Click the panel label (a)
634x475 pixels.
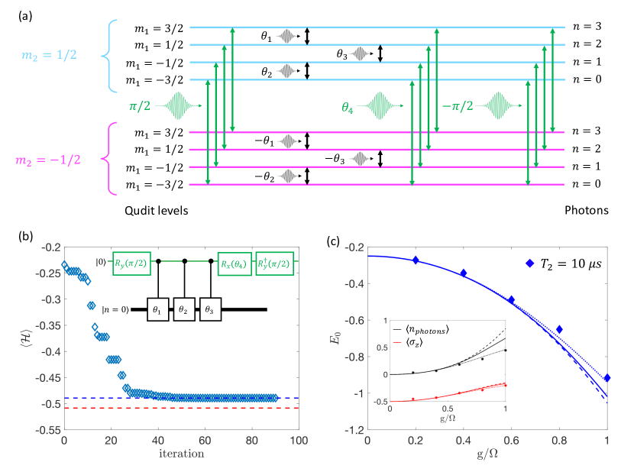click(15, 11)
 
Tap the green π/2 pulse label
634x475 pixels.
click(144, 103)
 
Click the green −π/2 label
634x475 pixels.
click(458, 103)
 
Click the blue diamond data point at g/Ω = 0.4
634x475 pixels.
click(463, 273)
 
